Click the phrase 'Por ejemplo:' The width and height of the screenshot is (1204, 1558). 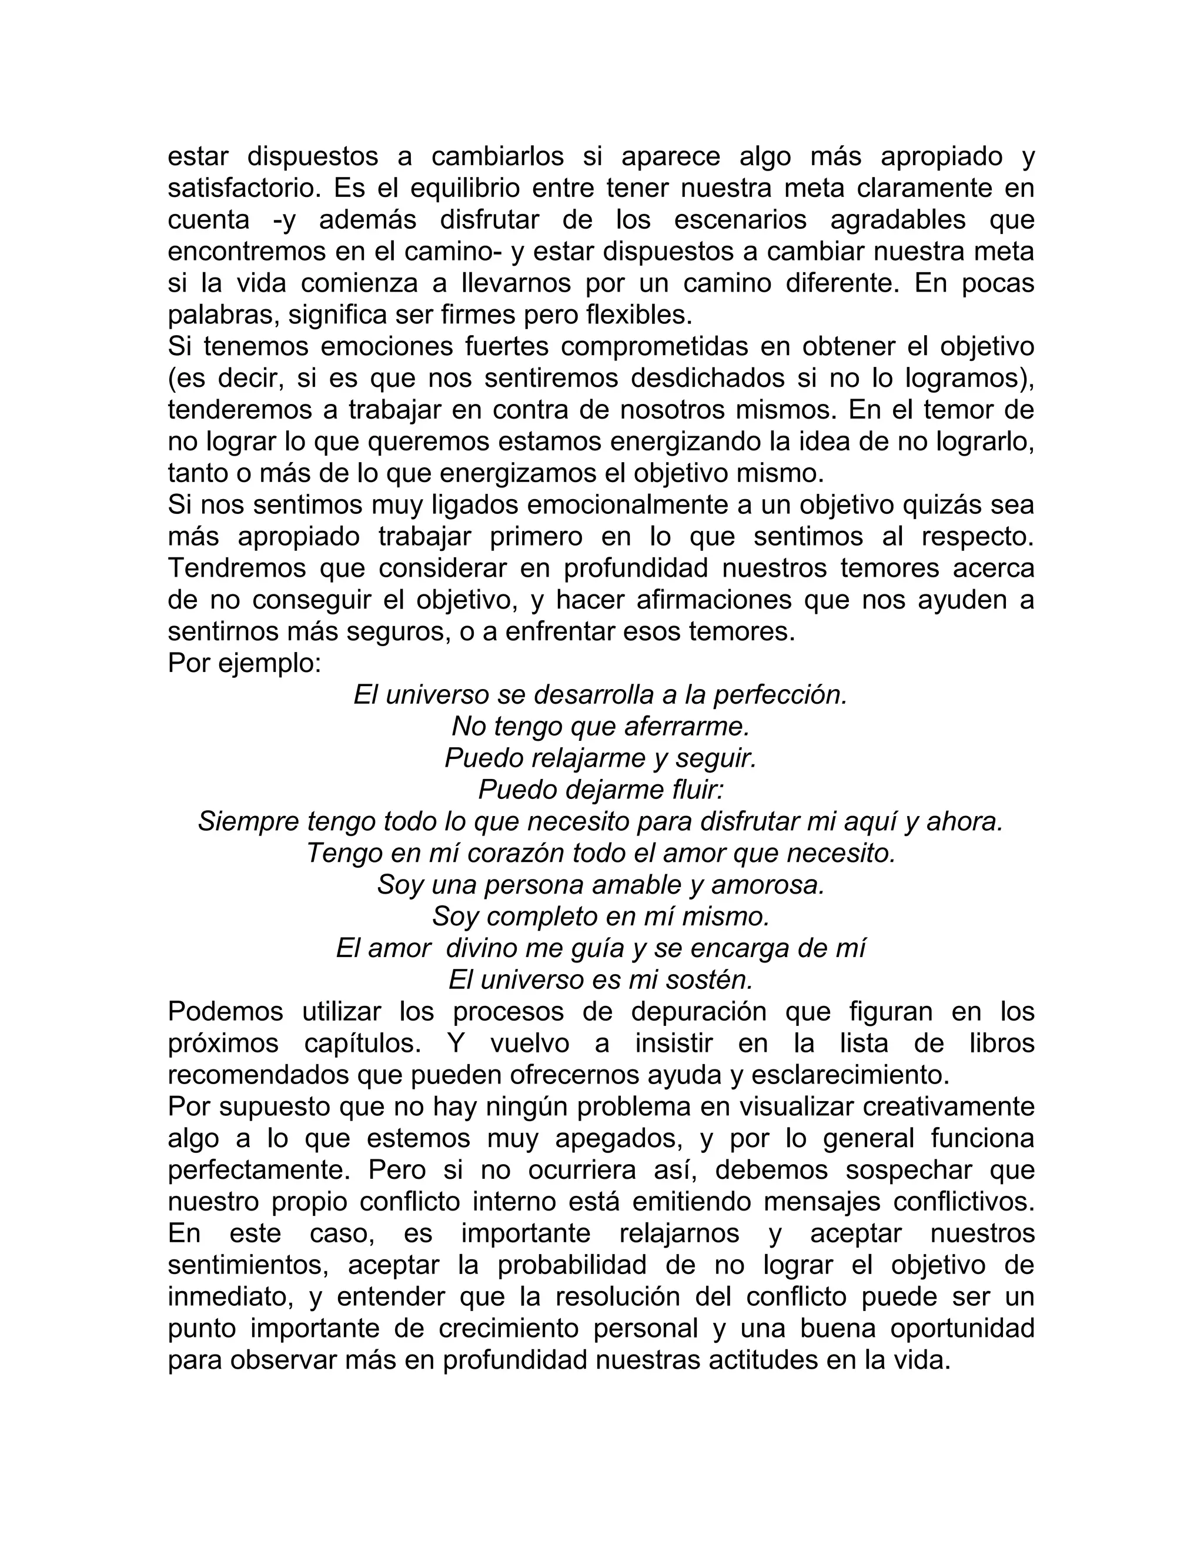244,663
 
